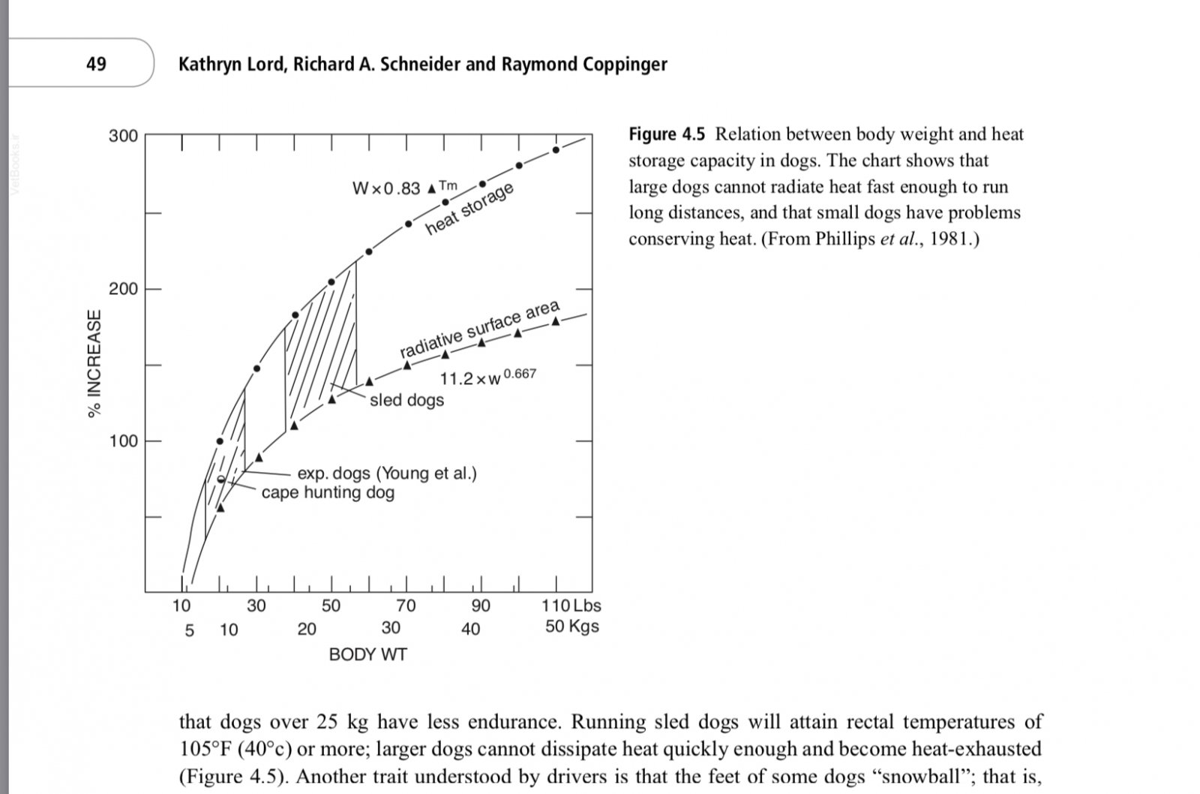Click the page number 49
click(x=96, y=64)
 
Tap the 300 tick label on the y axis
click(x=123, y=136)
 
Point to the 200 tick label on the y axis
click(x=123, y=289)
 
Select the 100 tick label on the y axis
click(x=123, y=441)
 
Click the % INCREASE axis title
click(x=94, y=364)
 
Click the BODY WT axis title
click(x=367, y=654)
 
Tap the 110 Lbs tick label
click(x=571, y=606)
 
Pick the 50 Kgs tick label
click(x=571, y=627)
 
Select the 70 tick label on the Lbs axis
click(x=406, y=606)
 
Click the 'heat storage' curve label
click(x=469, y=209)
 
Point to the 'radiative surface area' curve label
click(x=479, y=329)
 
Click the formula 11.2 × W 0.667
click(x=487, y=377)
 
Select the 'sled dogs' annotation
click(x=406, y=400)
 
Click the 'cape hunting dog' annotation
click(x=328, y=493)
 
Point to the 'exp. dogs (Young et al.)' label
click(x=387, y=474)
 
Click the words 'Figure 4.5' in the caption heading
click(x=667, y=134)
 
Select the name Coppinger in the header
click(x=622, y=64)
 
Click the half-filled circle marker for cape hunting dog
click(x=220, y=480)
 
